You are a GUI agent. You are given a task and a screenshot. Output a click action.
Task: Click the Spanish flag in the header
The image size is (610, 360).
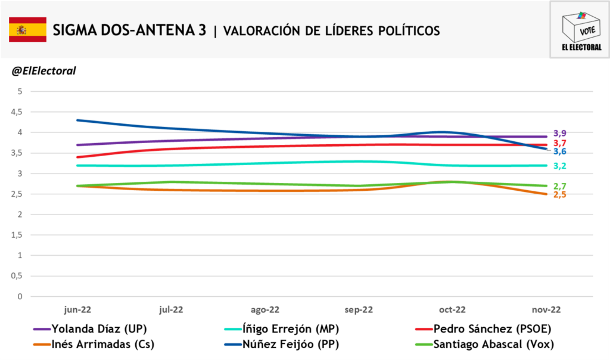[27, 30]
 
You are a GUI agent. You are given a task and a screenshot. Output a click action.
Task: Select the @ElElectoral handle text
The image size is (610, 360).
[43, 71]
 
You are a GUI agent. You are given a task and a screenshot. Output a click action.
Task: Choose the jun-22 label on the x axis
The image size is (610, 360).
[77, 309]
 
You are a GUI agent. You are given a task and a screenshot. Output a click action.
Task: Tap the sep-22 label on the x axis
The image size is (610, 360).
[359, 309]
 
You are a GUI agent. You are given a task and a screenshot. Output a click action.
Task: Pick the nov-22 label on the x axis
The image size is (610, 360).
[546, 309]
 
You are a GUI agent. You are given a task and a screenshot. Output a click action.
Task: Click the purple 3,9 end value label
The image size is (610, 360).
[560, 134]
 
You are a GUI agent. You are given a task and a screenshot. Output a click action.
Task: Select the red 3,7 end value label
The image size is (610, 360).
[560, 143]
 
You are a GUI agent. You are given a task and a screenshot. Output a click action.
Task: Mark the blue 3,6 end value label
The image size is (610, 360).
[560, 152]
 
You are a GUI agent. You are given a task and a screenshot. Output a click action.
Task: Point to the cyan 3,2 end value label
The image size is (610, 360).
[560, 166]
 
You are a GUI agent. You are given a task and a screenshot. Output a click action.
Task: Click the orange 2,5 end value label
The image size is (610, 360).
[560, 195]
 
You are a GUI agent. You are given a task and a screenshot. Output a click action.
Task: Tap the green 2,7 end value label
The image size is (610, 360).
[560, 187]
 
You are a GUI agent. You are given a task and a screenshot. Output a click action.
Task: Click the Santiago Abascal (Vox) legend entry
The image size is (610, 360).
[491, 344]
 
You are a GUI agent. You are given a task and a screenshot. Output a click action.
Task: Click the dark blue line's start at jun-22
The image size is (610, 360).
[77, 120]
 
